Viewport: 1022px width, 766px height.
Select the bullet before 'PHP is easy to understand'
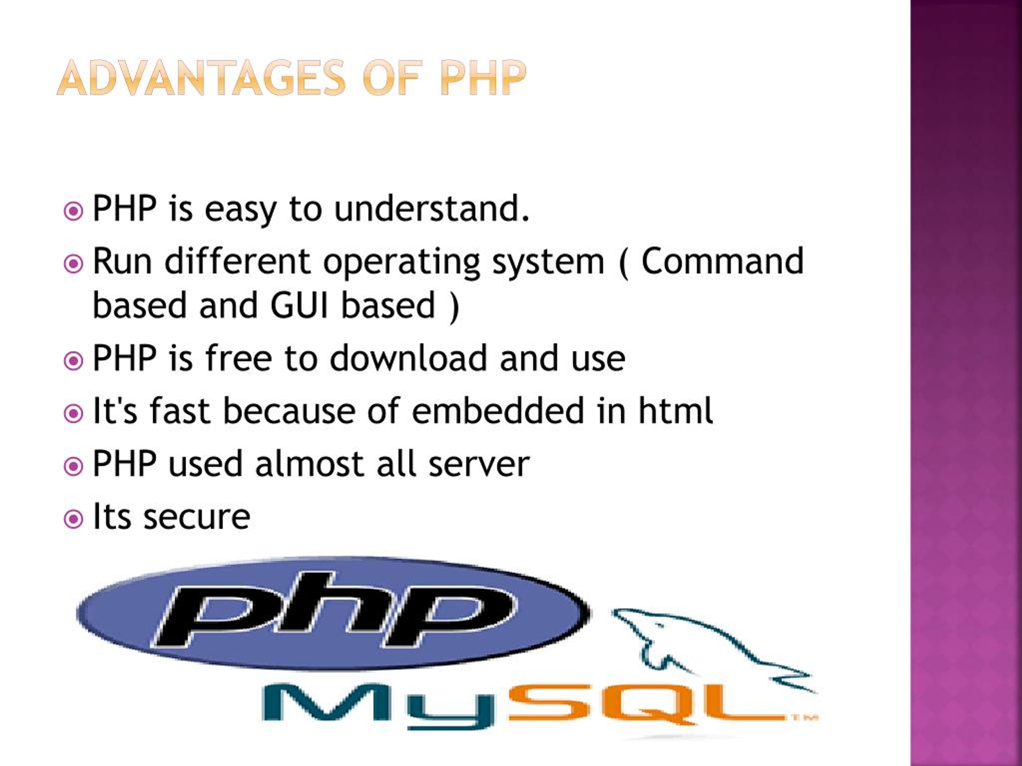[73, 211]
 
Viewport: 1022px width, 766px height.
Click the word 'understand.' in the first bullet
[432, 209]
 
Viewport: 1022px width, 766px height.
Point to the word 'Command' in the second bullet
[723, 261]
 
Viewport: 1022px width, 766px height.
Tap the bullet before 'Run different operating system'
[73, 264]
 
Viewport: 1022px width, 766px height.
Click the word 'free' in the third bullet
[238, 358]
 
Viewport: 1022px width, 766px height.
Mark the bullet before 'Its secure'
[73, 519]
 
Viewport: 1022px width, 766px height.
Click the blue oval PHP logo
[333, 614]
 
